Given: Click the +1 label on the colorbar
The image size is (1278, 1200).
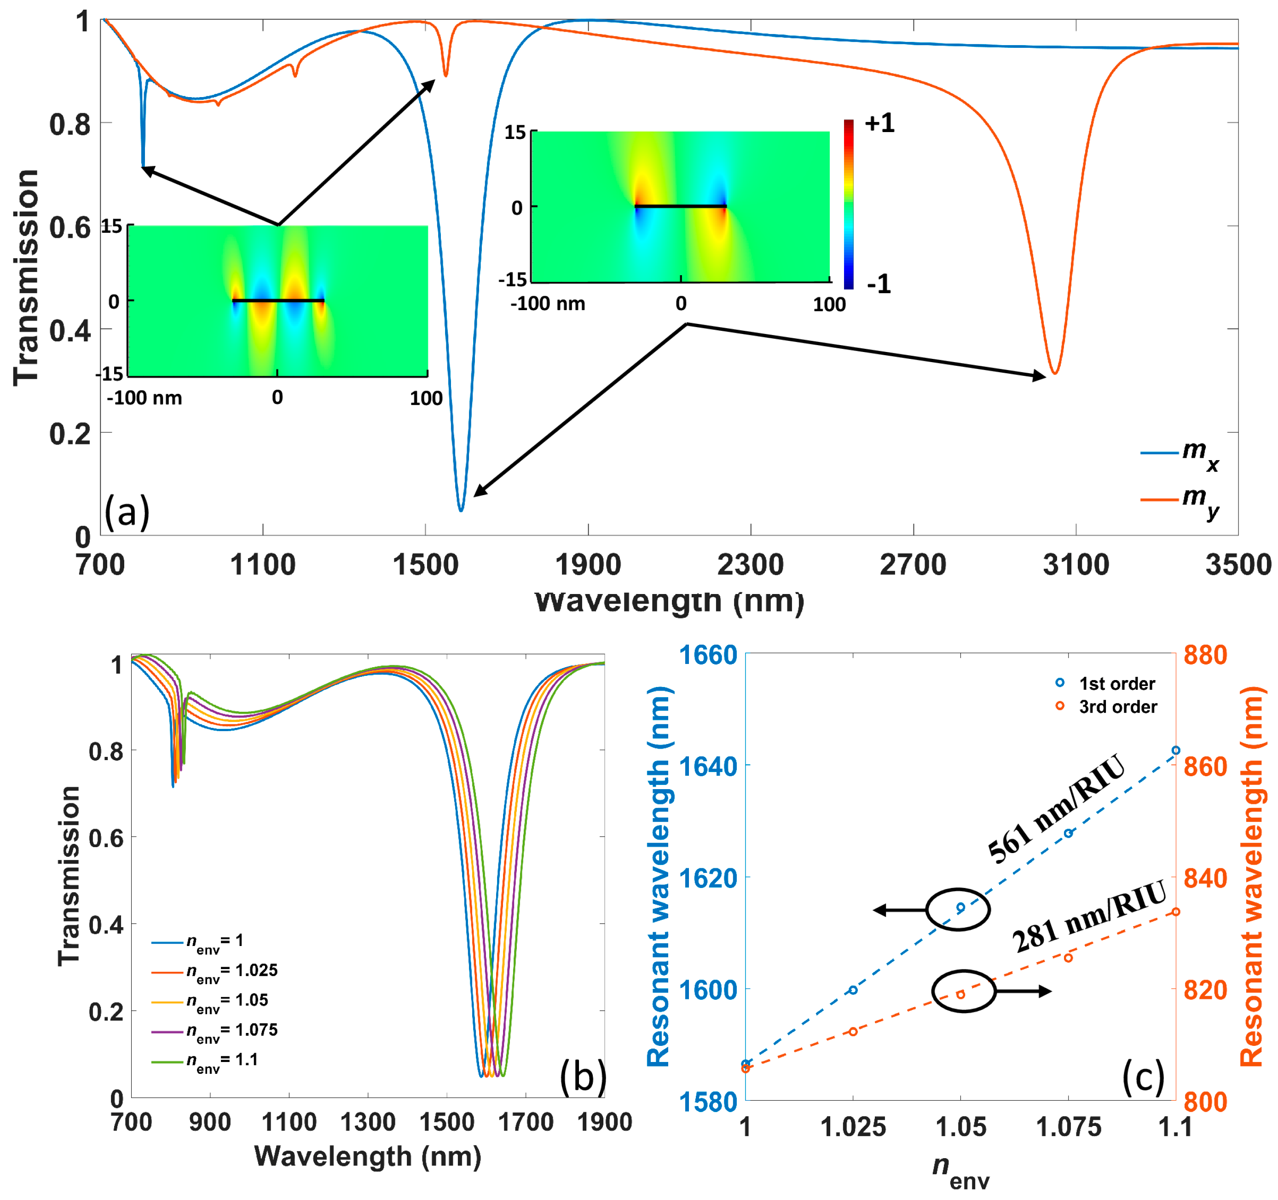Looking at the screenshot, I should [879, 123].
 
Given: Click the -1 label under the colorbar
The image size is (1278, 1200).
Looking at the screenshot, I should [879, 283].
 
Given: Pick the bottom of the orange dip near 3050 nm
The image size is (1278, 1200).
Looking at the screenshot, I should [1054, 373].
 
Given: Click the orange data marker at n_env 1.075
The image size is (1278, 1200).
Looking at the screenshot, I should [1069, 958].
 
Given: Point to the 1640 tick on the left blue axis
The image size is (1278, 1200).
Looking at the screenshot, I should [708, 766].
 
